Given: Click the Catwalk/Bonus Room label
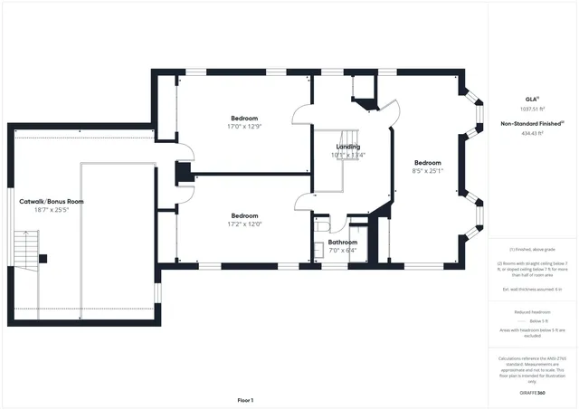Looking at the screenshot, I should click(52, 201).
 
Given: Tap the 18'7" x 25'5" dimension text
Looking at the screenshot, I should click(52, 209).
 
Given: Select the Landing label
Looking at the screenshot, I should click(348, 147).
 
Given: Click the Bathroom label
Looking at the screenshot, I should click(343, 242).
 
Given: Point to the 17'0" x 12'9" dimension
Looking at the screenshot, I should click(244, 127).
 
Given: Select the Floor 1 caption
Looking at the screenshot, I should click(245, 400).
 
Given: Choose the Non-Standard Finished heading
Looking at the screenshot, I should click(532, 124).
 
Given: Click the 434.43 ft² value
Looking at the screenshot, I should click(532, 133).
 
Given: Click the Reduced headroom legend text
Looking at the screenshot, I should click(532, 310).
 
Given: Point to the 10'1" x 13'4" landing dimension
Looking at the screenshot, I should click(348, 155).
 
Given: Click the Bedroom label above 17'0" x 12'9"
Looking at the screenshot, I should click(244, 119).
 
